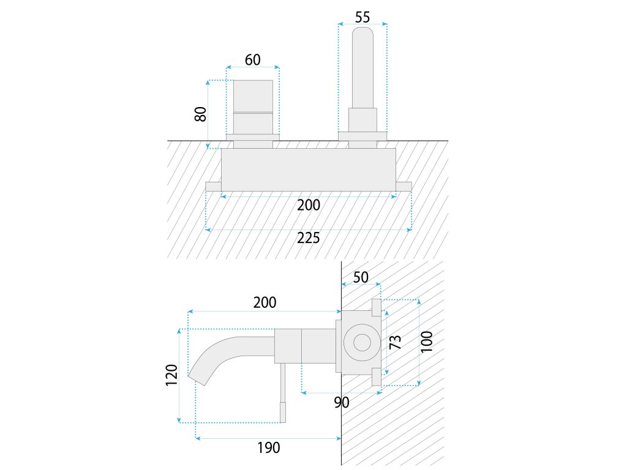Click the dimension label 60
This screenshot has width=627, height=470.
252,59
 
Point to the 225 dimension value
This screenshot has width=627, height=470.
309,238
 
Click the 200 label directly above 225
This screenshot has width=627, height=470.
309,205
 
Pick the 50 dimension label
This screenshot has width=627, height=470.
361,277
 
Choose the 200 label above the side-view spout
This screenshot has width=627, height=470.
265,302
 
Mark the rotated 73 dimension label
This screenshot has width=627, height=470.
396,342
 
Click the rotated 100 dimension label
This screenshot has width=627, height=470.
427,342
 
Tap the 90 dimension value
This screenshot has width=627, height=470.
342,402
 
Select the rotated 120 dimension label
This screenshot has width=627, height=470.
171,375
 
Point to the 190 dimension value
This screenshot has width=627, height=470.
268,447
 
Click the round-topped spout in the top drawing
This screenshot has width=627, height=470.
362,67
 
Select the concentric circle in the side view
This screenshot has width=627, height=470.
359,342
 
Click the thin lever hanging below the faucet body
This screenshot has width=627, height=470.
283,392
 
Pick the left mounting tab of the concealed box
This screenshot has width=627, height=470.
213,187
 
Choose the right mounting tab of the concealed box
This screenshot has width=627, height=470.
404,187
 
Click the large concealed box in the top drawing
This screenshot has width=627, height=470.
308,170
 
